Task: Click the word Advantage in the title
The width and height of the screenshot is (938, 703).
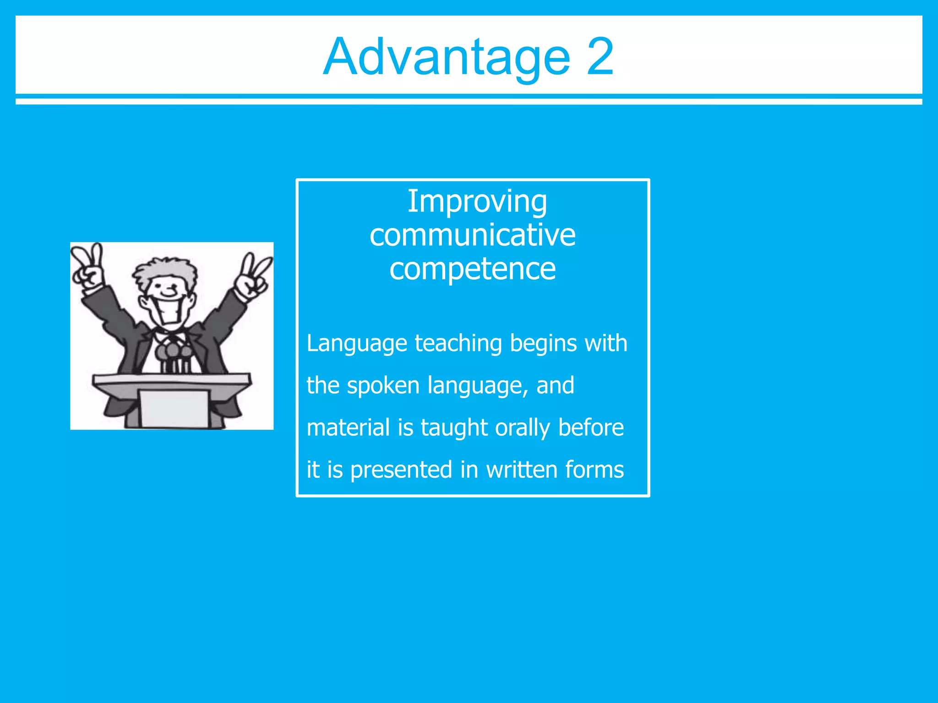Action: pos(447,58)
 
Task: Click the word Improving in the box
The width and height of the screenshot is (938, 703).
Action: pos(477,202)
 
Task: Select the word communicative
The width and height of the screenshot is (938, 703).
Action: pos(472,235)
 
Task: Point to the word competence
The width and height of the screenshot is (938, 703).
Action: pos(472,269)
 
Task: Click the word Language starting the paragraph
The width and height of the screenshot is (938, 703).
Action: pos(357,344)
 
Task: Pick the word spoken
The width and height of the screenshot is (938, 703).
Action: pos(383,385)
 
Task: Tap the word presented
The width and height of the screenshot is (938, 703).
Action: pos(401,470)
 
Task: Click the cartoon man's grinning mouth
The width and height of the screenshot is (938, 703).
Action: pos(171,312)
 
